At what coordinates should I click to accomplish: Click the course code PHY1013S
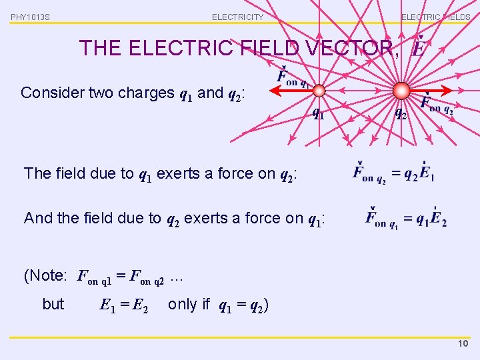pyautogui.click(x=30, y=17)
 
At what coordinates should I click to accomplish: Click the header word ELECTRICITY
pyautogui.click(x=237, y=17)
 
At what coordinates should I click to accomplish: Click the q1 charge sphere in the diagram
pyautogui.click(x=319, y=91)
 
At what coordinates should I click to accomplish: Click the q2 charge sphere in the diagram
pyautogui.click(x=401, y=91)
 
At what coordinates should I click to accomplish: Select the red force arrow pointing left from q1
pyautogui.click(x=293, y=91)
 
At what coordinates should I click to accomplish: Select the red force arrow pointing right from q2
pyautogui.click(x=429, y=91)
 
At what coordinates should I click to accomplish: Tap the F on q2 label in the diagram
pyautogui.click(x=437, y=105)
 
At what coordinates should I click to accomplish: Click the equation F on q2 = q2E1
pyautogui.click(x=394, y=174)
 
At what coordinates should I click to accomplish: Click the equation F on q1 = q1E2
pyautogui.click(x=406, y=218)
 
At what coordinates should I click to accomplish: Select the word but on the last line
pyautogui.click(x=53, y=305)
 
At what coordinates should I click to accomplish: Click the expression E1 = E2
pyautogui.click(x=123, y=305)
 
